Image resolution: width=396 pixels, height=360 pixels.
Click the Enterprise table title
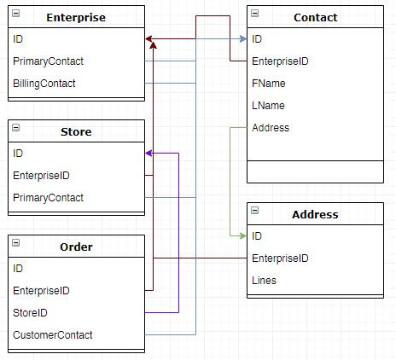(75, 17)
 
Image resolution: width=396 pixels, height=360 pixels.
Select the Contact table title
(315, 17)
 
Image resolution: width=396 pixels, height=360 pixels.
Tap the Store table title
(76, 131)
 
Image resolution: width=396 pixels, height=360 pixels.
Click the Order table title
(76, 247)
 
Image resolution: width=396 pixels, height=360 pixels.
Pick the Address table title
(315, 214)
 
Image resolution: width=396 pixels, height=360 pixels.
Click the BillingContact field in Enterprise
(44, 84)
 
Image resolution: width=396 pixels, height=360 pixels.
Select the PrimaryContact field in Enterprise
(48, 61)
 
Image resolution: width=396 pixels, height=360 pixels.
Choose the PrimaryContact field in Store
(48, 198)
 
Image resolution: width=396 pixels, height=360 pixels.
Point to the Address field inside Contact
(271, 128)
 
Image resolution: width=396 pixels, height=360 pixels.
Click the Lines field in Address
(265, 280)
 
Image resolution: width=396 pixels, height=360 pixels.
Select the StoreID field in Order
(31, 313)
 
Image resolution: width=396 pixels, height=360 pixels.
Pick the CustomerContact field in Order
(53, 335)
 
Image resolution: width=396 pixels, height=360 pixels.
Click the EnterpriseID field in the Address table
(280, 258)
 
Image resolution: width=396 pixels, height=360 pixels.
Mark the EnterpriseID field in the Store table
(41, 176)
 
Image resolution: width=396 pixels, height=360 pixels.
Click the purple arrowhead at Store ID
(149, 154)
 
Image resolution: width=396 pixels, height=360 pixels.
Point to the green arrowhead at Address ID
(242, 235)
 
